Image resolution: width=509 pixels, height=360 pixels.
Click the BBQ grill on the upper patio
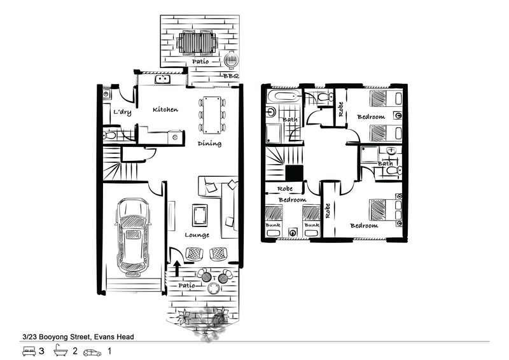click(231, 60)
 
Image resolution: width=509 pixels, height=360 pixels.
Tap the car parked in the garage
click(133, 237)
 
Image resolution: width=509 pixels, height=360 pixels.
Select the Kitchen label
click(165, 109)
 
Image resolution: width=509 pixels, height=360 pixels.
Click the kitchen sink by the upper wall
click(163, 79)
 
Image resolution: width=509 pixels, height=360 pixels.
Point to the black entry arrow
click(177, 268)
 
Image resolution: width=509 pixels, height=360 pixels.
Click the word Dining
click(209, 144)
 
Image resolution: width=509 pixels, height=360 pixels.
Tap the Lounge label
click(197, 235)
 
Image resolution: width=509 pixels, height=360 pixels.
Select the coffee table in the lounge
click(200, 215)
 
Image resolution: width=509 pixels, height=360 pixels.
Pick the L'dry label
click(122, 112)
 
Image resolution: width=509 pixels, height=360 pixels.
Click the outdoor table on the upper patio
click(197, 43)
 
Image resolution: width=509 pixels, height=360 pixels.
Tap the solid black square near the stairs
click(295, 173)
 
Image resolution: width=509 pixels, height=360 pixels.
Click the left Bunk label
click(273, 225)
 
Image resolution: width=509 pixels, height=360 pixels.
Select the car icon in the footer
click(92, 352)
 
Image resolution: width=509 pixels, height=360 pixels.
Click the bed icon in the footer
click(29, 351)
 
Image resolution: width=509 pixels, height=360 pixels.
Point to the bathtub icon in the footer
click(60, 350)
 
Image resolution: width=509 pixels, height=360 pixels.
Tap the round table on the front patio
click(214, 289)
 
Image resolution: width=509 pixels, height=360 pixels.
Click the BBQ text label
click(231, 76)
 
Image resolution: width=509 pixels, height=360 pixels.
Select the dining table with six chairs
click(212, 115)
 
